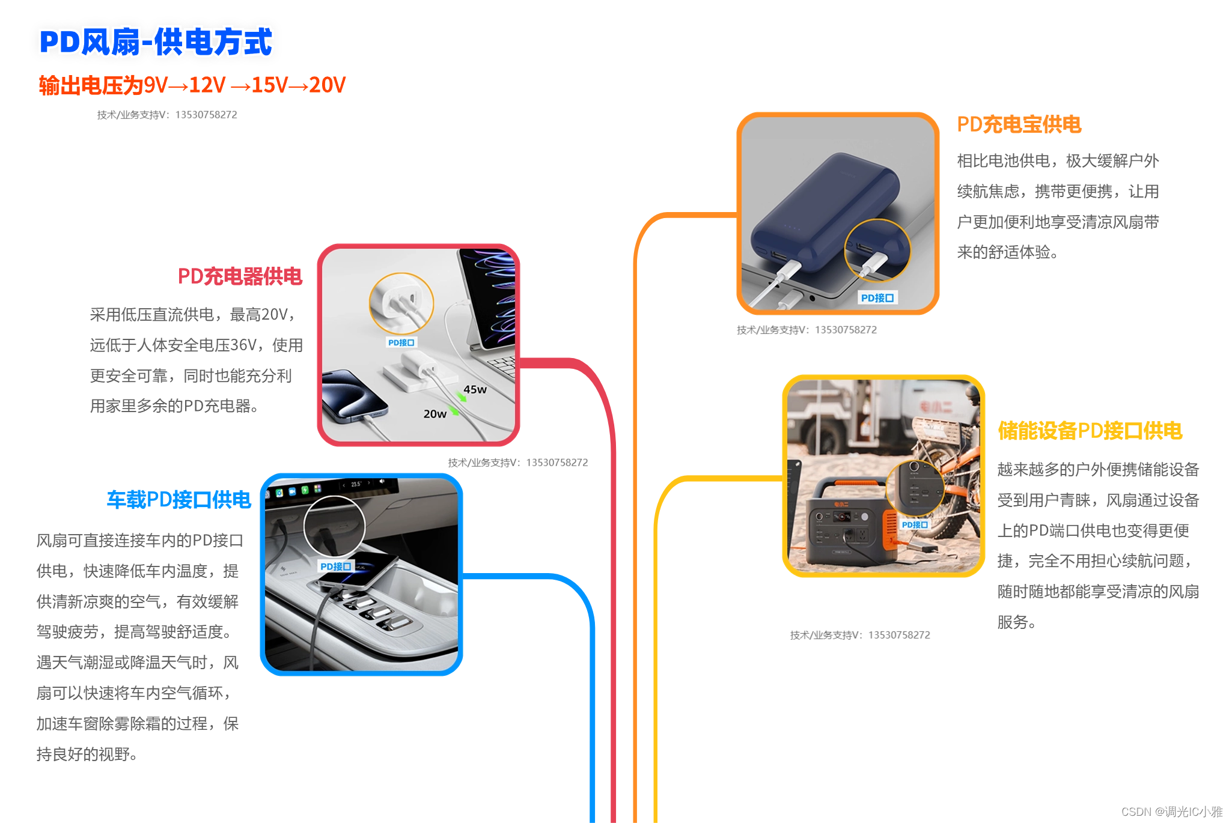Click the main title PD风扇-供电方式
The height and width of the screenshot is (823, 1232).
tap(156, 42)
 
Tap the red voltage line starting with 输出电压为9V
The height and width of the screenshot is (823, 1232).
tap(192, 85)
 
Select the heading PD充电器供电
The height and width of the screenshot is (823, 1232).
tap(240, 276)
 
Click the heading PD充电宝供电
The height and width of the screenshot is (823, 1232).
tap(1019, 124)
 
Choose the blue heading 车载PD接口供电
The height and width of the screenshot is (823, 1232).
tap(178, 499)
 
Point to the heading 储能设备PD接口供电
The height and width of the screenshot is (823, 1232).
tap(1090, 431)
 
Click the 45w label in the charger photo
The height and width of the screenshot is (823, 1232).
tap(475, 389)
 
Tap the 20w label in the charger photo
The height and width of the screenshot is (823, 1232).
tap(435, 414)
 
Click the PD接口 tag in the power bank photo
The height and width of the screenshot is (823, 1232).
tap(877, 298)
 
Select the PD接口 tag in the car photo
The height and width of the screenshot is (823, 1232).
tap(335, 566)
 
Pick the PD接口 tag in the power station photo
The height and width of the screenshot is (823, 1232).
tap(915, 524)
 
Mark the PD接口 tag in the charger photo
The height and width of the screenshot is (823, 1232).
tap(401, 342)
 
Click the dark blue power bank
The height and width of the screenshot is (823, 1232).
tap(826, 210)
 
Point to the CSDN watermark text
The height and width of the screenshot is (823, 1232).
tap(1171, 812)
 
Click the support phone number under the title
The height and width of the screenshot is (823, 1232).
tap(206, 115)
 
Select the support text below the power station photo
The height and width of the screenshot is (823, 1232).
tap(860, 635)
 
